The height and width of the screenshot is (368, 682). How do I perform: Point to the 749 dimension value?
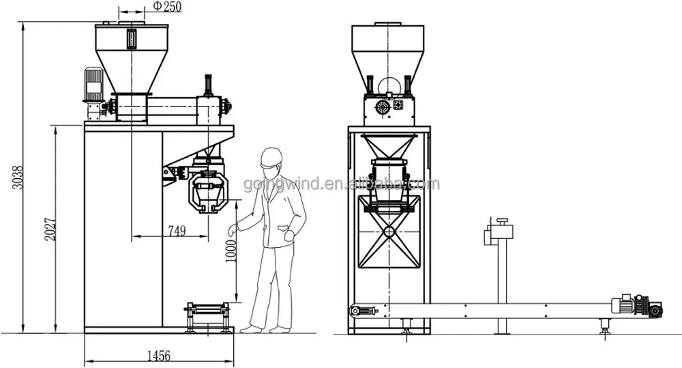[x=176, y=231]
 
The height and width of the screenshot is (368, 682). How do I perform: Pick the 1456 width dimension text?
[x=158, y=355]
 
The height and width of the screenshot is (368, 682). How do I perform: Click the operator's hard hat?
[x=271, y=158]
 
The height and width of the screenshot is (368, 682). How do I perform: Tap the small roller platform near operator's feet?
[x=206, y=317]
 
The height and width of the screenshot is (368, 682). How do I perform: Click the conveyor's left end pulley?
[x=355, y=311]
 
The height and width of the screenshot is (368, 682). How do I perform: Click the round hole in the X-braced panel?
[x=389, y=231]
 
